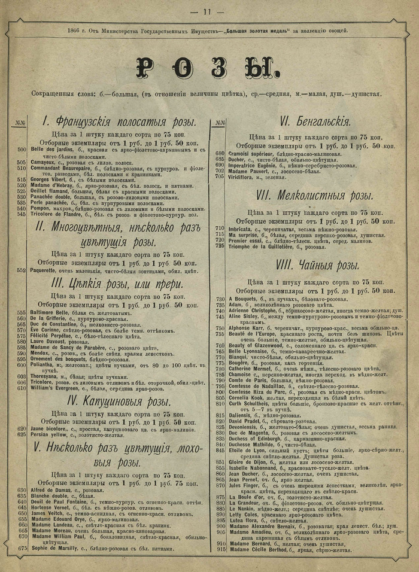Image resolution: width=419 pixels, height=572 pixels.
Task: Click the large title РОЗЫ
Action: click(x=209, y=68)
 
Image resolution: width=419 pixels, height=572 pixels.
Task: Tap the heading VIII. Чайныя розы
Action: click(x=318, y=266)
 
